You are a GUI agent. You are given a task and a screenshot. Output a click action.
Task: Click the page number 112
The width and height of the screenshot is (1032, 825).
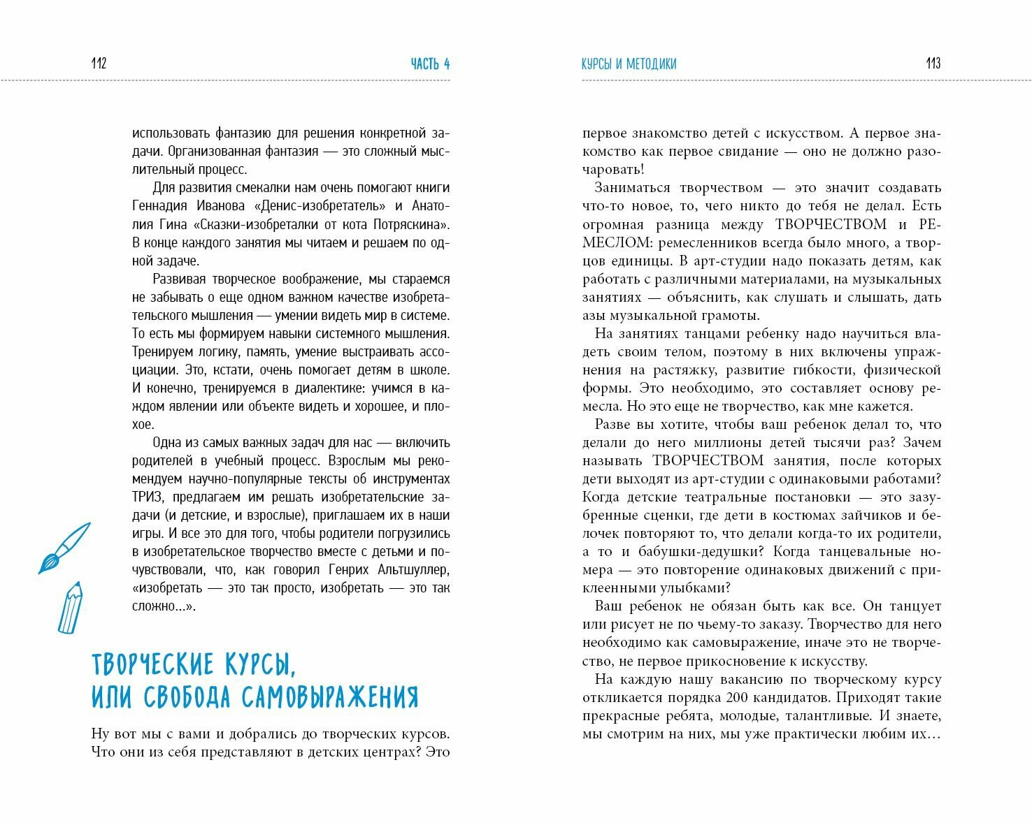point(99,64)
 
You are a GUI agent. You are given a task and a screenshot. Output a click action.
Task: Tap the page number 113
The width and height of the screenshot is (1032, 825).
point(933,64)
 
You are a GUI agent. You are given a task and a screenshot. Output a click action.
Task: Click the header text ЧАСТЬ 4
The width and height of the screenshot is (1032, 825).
point(430,64)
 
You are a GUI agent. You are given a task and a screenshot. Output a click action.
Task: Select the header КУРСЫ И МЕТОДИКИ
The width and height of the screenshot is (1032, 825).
point(629,64)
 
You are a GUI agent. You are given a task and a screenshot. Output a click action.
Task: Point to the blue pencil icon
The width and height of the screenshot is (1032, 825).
point(70,607)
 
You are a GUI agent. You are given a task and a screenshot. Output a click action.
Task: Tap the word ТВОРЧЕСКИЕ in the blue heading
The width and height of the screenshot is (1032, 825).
point(152,664)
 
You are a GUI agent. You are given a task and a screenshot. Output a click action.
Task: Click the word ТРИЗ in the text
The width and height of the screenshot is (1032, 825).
point(147,497)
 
